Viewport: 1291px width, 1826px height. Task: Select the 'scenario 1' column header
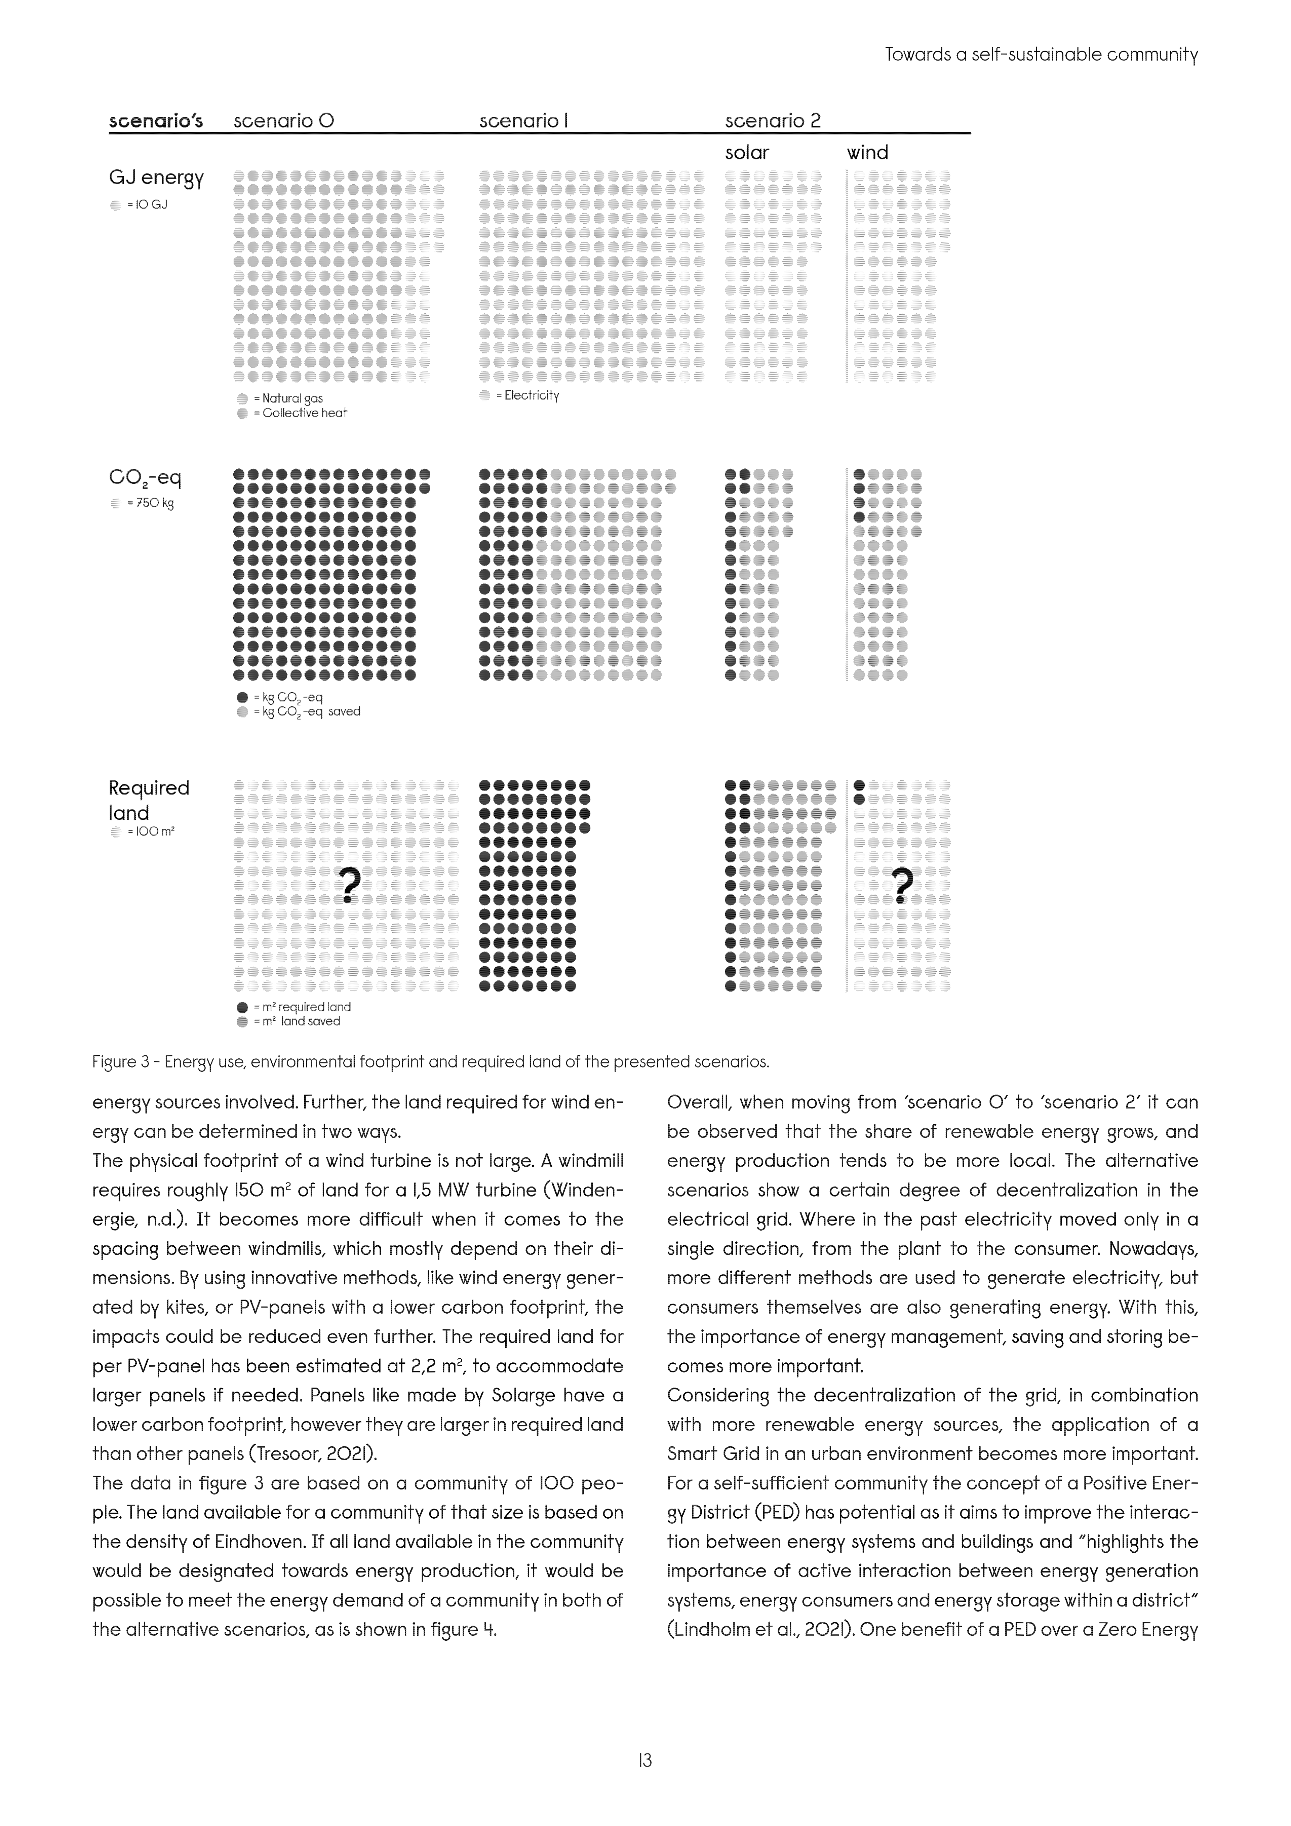click(523, 121)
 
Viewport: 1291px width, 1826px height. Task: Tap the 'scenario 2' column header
click(772, 121)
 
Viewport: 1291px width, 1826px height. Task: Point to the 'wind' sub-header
click(867, 153)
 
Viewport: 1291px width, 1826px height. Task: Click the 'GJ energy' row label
click(156, 177)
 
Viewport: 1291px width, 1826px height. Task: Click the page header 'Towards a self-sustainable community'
click(1041, 55)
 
